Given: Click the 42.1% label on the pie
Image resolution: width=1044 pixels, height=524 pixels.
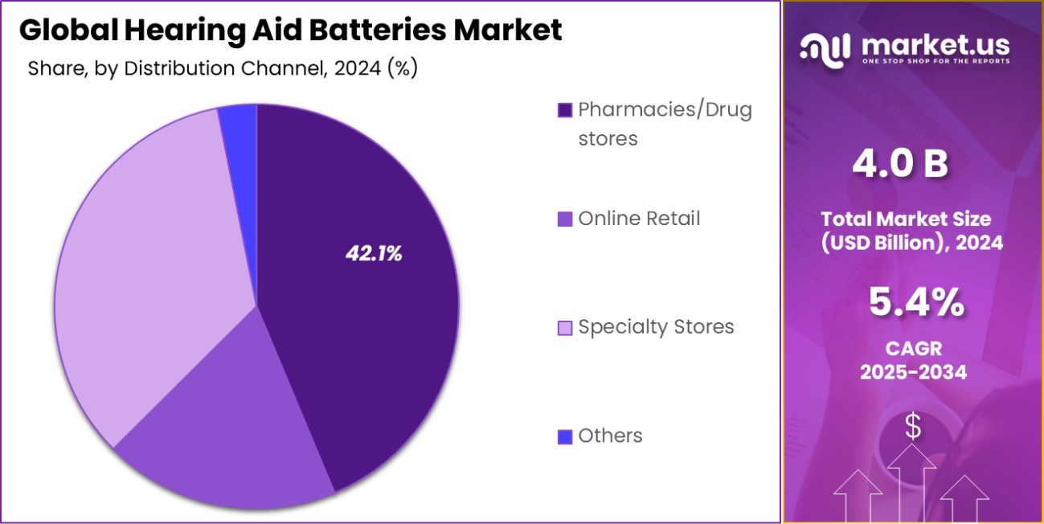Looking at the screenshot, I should (373, 254).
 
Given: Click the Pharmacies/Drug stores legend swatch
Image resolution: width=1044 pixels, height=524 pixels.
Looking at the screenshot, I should (565, 110).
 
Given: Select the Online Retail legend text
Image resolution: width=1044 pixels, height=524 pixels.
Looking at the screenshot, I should (639, 219).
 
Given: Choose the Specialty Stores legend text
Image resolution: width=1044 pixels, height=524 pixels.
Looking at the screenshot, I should (656, 327).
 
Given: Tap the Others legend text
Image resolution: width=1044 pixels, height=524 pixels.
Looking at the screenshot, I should (610, 436).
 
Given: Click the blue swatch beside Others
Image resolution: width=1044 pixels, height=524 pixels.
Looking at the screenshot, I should (565, 436).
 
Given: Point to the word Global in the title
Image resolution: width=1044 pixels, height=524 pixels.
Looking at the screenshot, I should (68, 31).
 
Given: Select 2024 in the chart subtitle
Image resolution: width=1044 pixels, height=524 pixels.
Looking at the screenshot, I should (358, 69).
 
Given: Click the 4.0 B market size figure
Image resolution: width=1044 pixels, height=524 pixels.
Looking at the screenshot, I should (900, 165).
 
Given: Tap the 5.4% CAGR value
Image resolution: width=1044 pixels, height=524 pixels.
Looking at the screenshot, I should (916, 303).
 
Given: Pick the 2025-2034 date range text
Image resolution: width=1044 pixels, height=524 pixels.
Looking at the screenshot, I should (913, 372).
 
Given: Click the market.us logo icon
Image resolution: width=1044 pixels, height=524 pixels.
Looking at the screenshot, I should (825, 48).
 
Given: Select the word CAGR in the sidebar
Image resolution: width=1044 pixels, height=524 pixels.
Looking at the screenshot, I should (913, 349).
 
